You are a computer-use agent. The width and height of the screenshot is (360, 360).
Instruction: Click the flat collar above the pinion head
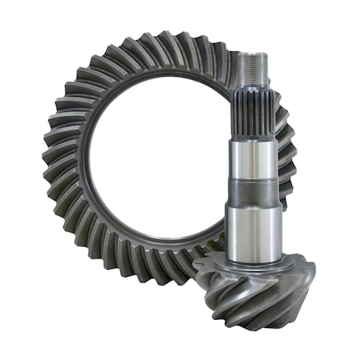coord(254,263)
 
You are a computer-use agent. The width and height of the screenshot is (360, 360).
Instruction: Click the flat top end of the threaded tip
coord(254,54)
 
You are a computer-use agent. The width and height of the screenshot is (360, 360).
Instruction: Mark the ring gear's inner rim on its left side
coord(86,160)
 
